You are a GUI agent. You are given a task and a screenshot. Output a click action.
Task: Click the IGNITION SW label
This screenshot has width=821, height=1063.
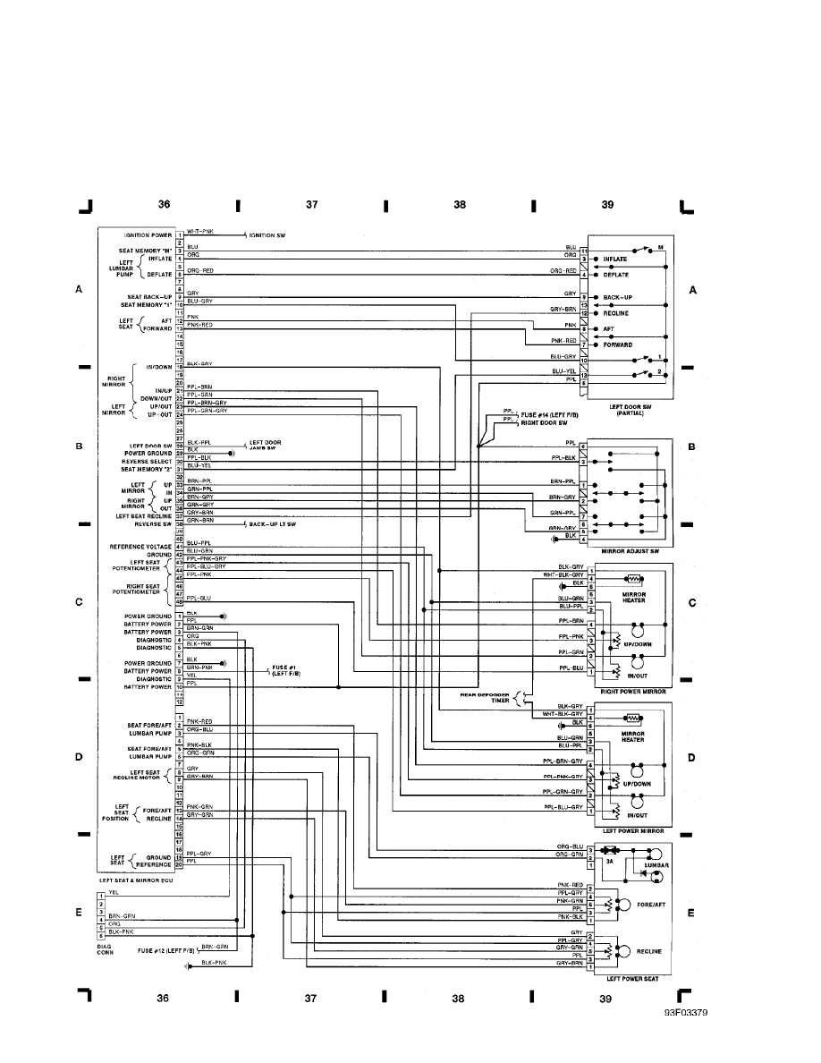click(x=267, y=235)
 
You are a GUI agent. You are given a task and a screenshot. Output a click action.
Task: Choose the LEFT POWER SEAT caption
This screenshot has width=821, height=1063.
click(x=632, y=978)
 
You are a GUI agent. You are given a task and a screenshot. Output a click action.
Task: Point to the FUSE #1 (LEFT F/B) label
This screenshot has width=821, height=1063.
click(x=286, y=670)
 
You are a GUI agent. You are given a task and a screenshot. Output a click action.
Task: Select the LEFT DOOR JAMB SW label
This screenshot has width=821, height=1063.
click(x=265, y=444)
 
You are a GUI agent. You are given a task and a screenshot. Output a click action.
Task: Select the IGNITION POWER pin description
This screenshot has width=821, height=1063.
click(x=148, y=235)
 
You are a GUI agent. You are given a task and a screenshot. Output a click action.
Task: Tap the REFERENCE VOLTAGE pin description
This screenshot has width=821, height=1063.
click(x=140, y=547)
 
